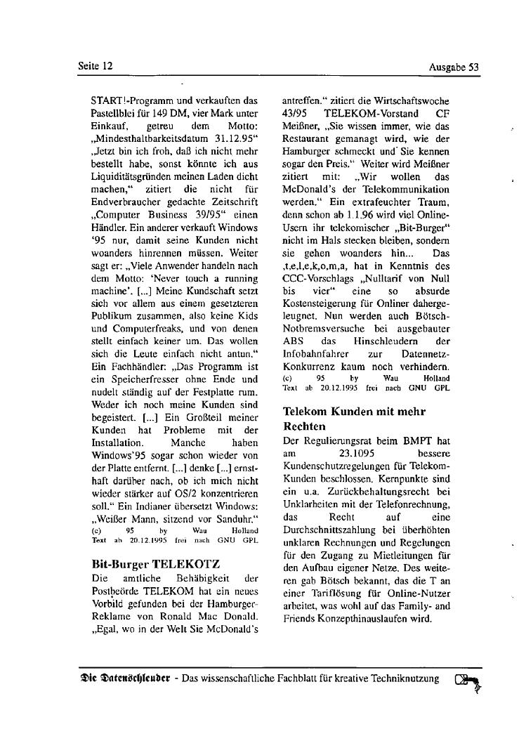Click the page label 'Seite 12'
[96, 66]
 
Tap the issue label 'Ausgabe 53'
[453, 67]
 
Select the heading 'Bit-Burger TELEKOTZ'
[156, 563]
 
